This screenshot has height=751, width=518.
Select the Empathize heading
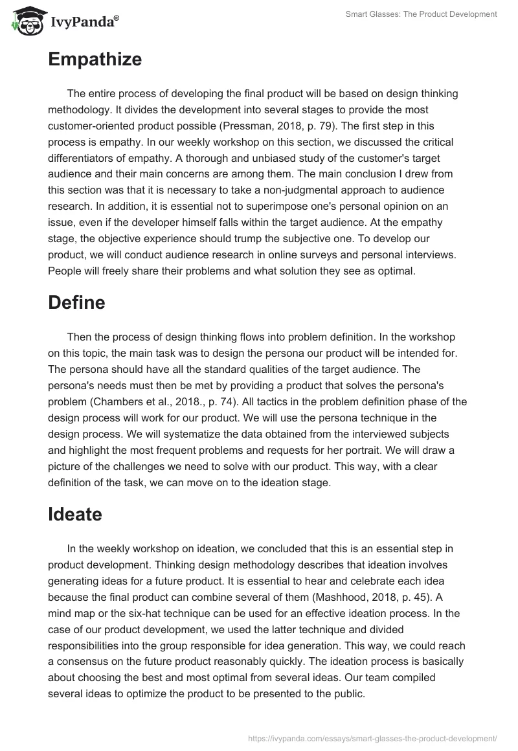[95, 60]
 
